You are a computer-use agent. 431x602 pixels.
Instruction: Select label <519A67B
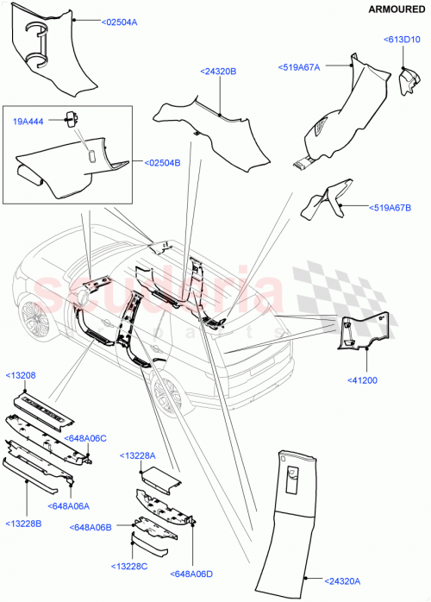pos(392,208)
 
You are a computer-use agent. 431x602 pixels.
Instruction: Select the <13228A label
pos(139,455)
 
